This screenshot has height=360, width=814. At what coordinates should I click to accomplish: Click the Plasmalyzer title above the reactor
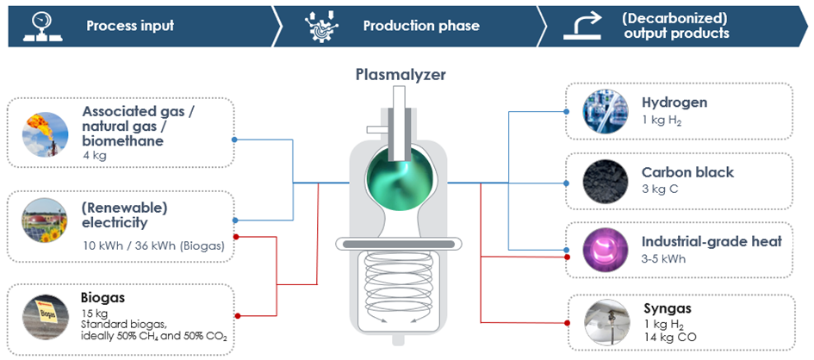point(401,75)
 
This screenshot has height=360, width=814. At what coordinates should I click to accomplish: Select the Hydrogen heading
point(674,102)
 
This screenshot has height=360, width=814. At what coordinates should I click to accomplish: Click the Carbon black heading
point(687,171)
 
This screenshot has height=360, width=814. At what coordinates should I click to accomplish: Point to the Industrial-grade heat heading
point(711,241)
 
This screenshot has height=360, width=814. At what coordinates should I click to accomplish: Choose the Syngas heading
point(668,307)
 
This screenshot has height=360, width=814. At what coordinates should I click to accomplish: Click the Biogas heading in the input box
point(103,297)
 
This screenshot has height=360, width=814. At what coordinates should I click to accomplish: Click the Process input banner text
point(130,25)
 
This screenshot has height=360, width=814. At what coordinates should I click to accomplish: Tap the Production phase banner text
point(421,25)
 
